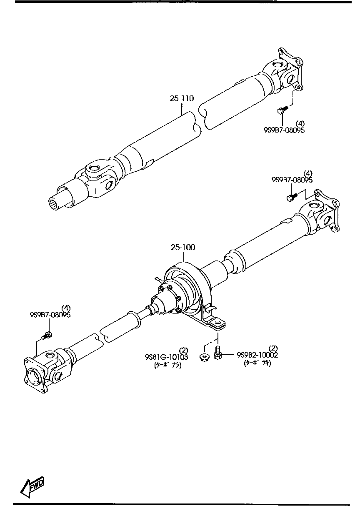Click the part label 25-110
coord(182,99)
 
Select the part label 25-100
coord(182,247)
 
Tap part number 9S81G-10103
coord(166,357)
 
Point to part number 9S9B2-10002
coord(257,355)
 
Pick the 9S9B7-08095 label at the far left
coord(50,315)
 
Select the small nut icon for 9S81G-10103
coord(205,357)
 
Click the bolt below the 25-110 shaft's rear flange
coord(281,110)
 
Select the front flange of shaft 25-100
coord(35,374)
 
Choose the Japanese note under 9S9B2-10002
coord(257,363)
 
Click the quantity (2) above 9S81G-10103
coord(184,350)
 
